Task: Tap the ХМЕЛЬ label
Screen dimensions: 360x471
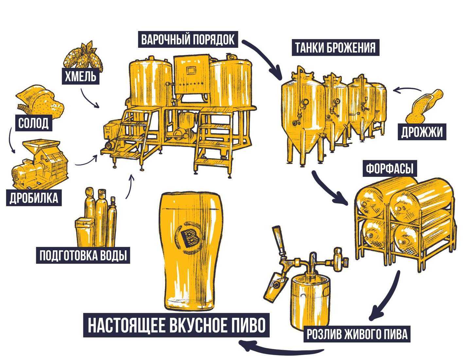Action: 80,77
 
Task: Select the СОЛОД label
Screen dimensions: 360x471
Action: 33,123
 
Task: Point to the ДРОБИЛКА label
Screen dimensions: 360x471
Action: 34,198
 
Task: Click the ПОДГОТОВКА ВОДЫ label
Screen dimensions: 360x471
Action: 83,255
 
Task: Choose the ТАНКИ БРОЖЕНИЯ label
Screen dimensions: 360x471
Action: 335,47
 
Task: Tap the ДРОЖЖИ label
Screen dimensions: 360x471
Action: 422,132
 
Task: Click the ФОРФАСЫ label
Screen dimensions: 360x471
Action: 390,169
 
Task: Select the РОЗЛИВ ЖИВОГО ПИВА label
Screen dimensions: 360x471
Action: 357,334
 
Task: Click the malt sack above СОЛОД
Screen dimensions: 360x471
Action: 39,100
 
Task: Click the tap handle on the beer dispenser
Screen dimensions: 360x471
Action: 278,241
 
